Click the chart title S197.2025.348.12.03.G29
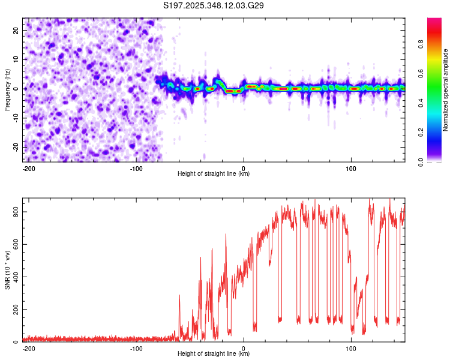click(x=214, y=6)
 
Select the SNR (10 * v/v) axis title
click(x=7, y=270)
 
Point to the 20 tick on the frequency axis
click(x=17, y=30)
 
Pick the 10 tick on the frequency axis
click(x=17, y=59)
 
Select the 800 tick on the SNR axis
click(x=14, y=212)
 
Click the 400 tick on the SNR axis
click(x=14, y=277)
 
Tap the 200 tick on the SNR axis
click(x=14, y=310)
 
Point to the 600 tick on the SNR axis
click(x=14, y=244)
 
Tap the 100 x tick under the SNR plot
click(x=351, y=349)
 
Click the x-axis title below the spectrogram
click(x=214, y=174)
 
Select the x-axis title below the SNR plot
click(x=214, y=354)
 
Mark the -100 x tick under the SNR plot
click(x=136, y=349)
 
